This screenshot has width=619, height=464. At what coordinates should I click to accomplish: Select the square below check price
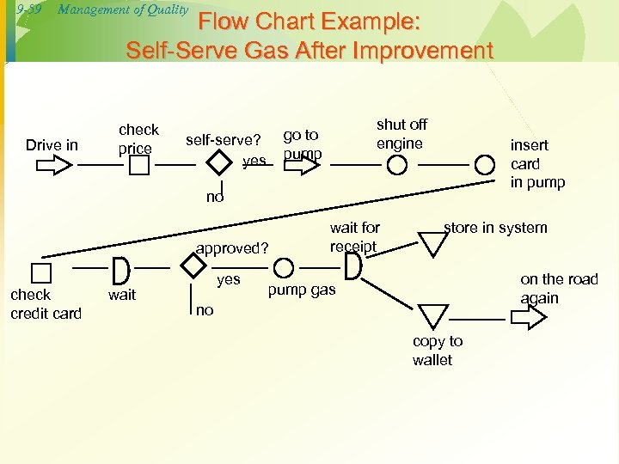coord(134,165)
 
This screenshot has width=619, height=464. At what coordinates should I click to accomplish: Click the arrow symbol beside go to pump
coord(301,164)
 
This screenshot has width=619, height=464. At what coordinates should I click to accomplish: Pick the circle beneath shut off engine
coord(396,165)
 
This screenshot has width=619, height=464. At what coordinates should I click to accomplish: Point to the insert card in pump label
coord(537,163)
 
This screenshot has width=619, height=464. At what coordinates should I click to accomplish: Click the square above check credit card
coord(40,274)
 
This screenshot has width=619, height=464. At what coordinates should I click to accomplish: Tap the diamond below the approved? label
coord(196,267)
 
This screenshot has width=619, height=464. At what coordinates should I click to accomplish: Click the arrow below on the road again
coord(528,318)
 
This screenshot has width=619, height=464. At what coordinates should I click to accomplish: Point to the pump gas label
coord(301,290)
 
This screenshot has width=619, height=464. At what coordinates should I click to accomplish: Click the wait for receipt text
coord(354,237)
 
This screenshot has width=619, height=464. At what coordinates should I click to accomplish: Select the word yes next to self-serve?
coord(254,161)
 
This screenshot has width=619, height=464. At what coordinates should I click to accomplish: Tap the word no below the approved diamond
coord(205,309)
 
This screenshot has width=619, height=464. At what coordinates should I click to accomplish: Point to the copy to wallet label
coord(437,351)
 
